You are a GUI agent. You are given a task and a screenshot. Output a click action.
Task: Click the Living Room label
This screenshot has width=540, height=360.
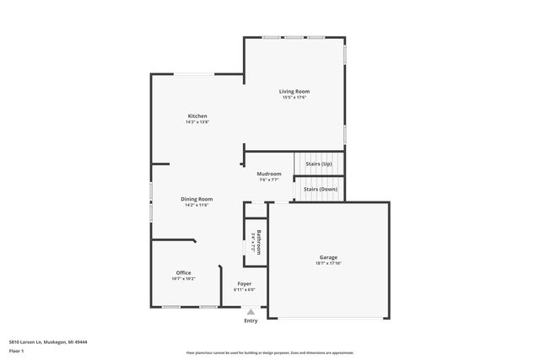click(x=294, y=91)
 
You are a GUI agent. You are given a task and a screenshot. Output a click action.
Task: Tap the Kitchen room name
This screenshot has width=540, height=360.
click(x=197, y=116)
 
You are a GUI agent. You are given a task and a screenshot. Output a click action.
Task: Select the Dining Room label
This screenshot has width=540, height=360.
click(x=197, y=199)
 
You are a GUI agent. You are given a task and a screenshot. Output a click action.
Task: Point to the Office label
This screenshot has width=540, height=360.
click(x=183, y=272)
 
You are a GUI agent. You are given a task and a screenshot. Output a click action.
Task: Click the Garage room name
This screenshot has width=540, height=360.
click(x=328, y=258)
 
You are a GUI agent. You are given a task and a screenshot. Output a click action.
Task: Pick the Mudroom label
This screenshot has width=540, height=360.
click(x=270, y=174)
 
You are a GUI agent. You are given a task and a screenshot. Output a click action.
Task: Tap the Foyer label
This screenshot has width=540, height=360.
click(x=244, y=284)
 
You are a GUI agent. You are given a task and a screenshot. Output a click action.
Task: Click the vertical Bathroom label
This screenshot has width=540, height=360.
click(x=259, y=242)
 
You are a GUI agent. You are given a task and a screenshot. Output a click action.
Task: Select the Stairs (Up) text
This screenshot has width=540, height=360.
click(x=319, y=164)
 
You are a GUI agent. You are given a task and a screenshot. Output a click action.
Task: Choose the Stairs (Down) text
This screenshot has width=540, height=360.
click(x=320, y=190)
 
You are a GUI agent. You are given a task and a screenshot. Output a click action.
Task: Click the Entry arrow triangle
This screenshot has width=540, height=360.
click(x=251, y=312)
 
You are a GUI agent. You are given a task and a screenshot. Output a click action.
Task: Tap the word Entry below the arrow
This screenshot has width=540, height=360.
click(x=251, y=321)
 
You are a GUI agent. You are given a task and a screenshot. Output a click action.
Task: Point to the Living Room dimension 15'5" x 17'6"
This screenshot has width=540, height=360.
click(x=294, y=97)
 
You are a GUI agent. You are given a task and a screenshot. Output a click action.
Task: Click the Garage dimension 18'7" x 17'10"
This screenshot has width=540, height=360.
click(x=328, y=264)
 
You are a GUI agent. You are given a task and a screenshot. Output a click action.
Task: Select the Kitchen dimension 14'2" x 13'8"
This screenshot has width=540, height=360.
click(x=197, y=122)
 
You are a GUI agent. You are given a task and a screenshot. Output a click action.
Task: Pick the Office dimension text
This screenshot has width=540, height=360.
click(x=183, y=278)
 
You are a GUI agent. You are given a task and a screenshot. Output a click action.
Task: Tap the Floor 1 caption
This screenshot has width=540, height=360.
click(x=17, y=350)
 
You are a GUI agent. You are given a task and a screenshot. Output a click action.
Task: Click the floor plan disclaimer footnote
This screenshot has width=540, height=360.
click(x=269, y=353)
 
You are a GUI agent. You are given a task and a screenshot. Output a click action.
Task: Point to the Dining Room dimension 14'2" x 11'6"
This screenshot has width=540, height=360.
click(x=197, y=205)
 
